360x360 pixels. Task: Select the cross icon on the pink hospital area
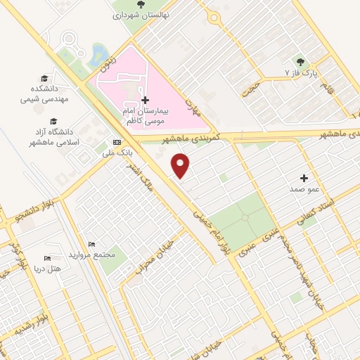coord(146,101)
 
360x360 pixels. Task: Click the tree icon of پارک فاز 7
coord(302,61)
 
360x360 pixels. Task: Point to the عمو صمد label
coord(304,189)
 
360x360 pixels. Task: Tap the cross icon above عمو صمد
coord(304,178)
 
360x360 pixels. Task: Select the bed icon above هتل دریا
coord(47,258)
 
